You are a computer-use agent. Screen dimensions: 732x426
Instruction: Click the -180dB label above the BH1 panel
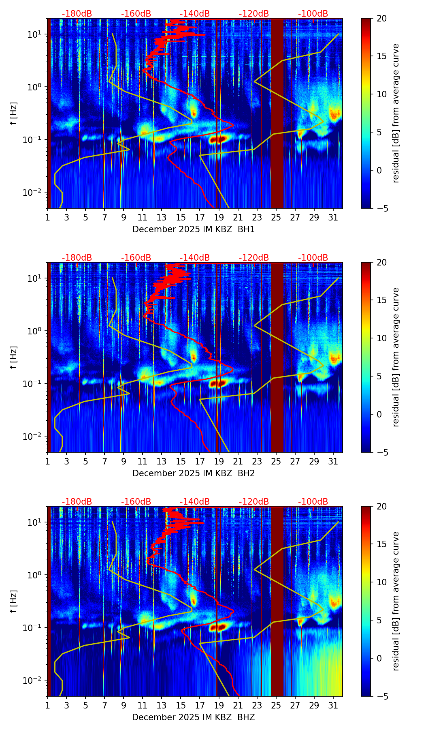(77, 14)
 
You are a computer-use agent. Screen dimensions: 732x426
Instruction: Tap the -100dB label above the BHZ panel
(313, 502)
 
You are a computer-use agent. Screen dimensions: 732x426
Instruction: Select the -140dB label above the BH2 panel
(195, 258)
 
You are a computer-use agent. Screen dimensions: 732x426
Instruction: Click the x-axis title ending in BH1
(194, 229)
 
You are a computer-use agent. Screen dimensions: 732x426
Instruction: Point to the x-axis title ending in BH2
(194, 473)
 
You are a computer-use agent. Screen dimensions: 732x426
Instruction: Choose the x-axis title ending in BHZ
(194, 717)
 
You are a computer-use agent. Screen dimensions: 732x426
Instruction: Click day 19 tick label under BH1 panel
(219, 217)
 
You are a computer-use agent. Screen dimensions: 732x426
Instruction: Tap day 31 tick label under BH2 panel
(333, 461)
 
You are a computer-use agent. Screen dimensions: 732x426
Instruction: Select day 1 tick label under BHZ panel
(47, 705)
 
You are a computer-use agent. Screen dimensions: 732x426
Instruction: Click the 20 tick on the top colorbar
(382, 19)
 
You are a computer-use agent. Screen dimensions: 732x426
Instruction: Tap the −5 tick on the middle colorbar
(382, 452)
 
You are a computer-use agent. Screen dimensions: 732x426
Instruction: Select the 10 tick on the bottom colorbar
(382, 582)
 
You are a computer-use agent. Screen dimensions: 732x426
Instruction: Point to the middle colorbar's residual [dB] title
(396, 357)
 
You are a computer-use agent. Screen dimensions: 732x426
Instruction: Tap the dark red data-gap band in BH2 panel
(277, 357)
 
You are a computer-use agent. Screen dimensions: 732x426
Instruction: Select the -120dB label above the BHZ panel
(254, 502)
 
